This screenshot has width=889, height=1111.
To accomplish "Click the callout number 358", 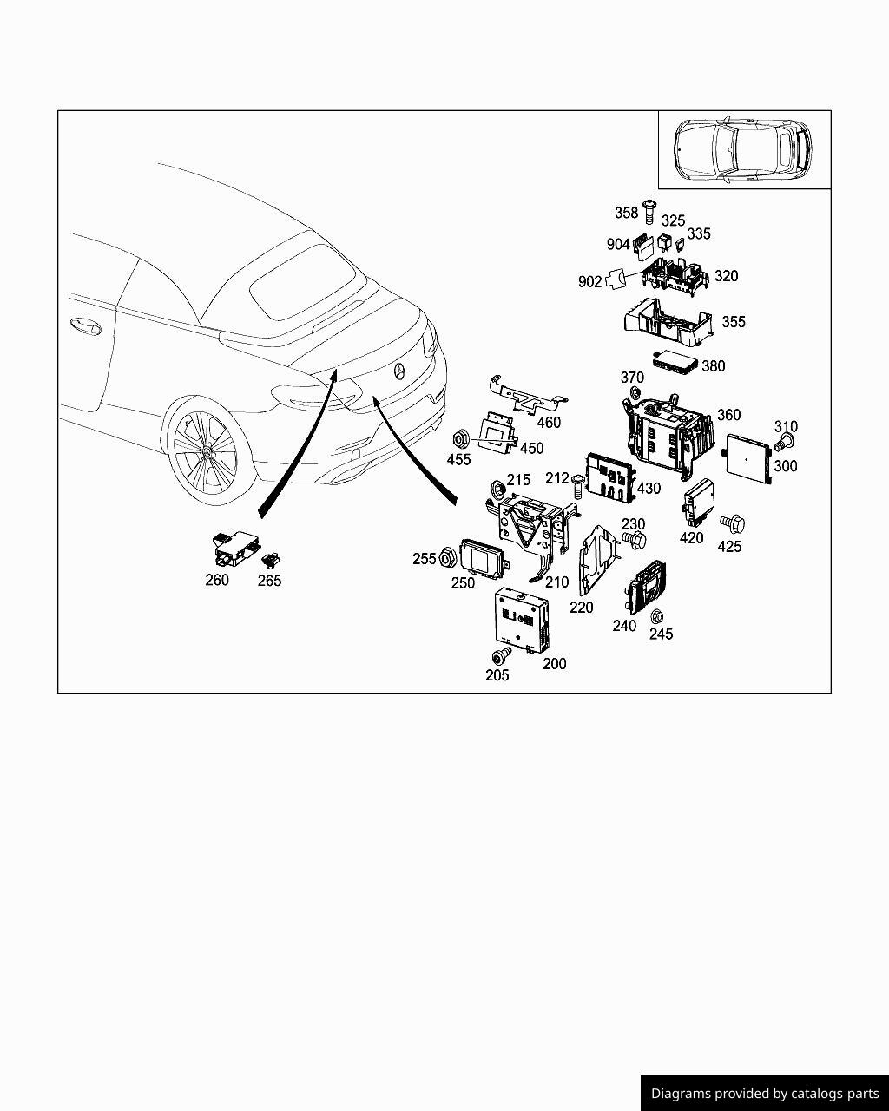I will pyautogui.click(x=626, y=213).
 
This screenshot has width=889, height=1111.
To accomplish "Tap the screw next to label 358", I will pyautogui.click(x=648, y=210).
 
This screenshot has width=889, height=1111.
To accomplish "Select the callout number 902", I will pyautogui.click(x=589, y=282).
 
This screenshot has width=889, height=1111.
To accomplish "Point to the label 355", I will pyautogui.click(x=734, y=322).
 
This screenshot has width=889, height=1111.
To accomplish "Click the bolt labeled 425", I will pyautogui.click(x=734, y=523).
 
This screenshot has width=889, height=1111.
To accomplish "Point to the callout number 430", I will pyautogui.click(x=649, y=489).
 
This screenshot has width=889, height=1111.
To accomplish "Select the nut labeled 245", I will pyautogui.click(x=657, y=617).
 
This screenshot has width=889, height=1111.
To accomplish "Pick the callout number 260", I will pyautogui.click(x=216, y=580).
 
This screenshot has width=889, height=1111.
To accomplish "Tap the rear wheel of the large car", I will pyautogui.click(x=205, y=449).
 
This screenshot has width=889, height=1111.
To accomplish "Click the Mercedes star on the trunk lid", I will pyautogui.click(x=399, y=371).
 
